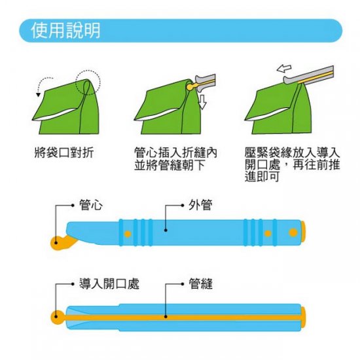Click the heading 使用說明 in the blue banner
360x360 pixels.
click(66, 30)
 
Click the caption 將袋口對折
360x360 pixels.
click(64, 153)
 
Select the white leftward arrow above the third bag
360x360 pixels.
click(284, 69)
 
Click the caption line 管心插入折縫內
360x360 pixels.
click(175, 153)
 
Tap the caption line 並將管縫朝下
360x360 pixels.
click(170, 165)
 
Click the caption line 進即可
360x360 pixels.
click(262, 177)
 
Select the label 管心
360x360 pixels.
click(91, 205)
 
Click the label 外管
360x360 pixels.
click(200, 205)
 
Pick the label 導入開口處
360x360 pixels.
click(109, 283)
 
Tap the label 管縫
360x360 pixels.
click(200, 283)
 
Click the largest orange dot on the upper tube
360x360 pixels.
click(293, 232)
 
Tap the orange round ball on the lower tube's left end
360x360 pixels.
click(58, 317)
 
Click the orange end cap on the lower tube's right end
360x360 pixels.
click(303, 317)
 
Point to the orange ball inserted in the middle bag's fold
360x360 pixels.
click(190, 87)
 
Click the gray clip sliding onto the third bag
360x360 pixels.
click(308, 75)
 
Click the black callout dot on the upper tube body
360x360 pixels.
click(166, 230)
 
